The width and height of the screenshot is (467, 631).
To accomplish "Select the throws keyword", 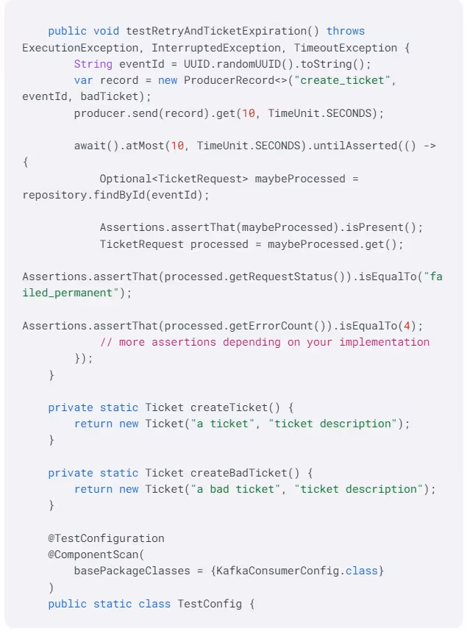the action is [346, 31].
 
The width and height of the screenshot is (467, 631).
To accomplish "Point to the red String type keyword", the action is [93, 64].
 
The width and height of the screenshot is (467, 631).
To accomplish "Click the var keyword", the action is [84, 80].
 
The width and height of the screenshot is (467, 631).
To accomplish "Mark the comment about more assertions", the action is [265, 342].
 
